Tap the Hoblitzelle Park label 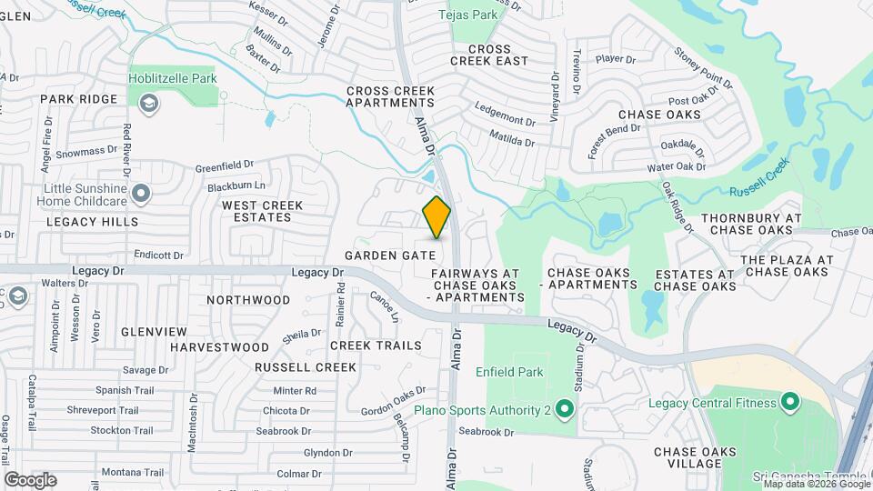coord(172,79)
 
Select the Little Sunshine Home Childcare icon coord(141,193)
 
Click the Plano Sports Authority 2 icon coord(564,410)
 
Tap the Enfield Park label coord(509,372)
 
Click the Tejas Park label coord(468,15)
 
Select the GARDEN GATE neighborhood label coord(390,256)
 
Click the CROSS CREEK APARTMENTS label coord(390,97)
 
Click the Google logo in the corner coord(30,479)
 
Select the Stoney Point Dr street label coord(703,70)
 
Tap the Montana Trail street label coord(133,472)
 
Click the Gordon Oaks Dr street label coord(394,401)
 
